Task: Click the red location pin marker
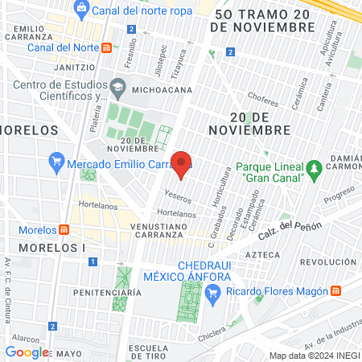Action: (182, 164)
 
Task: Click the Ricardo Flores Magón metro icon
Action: (337, 291)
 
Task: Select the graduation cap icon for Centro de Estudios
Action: (118, 85)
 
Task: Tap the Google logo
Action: (27, 352)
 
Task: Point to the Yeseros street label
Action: (178, 197)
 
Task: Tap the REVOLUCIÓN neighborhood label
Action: (327, 262)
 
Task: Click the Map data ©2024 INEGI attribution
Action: (314, 356)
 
